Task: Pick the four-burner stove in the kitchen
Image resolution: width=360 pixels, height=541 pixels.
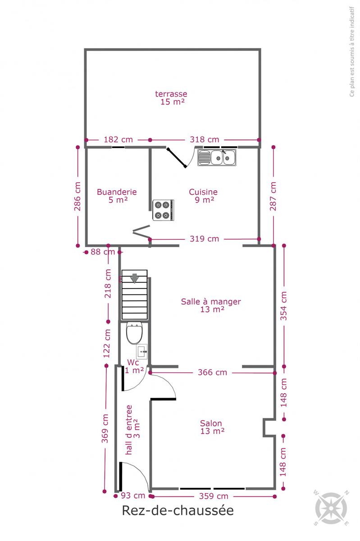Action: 163,210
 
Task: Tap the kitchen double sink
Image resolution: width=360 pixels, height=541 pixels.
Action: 217,157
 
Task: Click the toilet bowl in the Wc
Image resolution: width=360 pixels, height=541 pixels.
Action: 134,333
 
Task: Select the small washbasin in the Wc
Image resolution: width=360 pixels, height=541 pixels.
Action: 142,351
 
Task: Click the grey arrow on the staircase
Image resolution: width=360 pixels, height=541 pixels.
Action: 134,278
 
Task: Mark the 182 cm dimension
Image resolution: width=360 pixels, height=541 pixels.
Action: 118,140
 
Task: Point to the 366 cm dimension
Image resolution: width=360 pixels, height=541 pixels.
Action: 213,372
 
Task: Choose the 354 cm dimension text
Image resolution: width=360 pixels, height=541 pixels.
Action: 283,306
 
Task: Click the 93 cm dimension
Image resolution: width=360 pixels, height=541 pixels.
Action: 133,495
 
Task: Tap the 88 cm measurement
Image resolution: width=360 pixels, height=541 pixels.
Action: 103,252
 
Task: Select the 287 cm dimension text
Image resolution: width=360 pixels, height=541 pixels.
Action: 273,196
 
